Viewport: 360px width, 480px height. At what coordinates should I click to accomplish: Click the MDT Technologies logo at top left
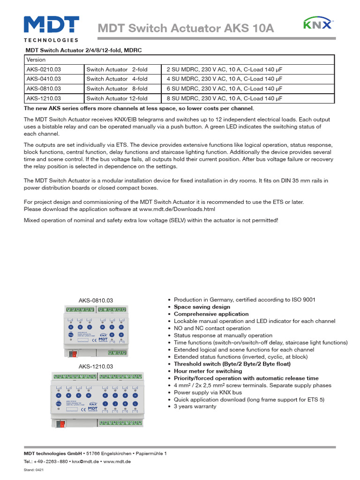click(x=51, y=29)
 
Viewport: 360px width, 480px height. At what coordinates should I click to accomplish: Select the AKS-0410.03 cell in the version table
click(x=44, y=79)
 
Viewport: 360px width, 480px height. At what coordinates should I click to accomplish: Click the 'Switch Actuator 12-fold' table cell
click(x=117, y=98)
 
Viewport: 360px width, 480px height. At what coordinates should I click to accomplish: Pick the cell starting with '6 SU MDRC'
click(x=224, y=89)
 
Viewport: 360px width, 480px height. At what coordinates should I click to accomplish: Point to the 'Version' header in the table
click(x=36, y=60)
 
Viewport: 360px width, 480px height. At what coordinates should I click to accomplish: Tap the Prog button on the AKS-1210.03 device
click(x=59, y=403)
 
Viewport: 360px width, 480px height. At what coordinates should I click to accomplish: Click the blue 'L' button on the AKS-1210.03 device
click(x=135, y=403)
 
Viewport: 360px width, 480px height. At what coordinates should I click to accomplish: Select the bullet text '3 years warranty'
click(x=195, y=406)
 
